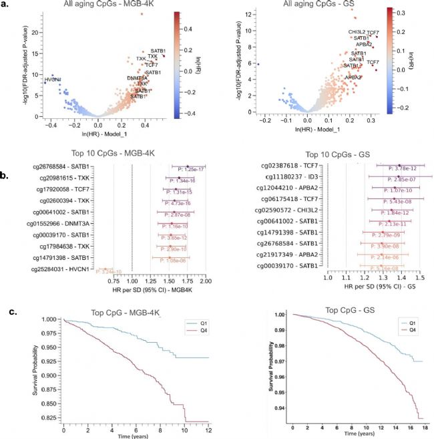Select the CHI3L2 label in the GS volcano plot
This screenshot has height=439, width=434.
[357, 32]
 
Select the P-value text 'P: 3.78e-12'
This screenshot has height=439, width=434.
[403, 169]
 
